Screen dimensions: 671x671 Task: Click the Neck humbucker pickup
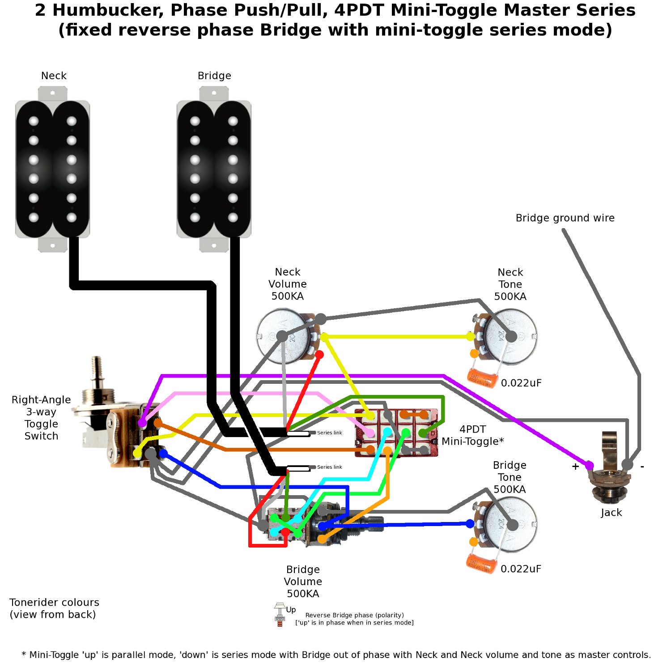(53, 169)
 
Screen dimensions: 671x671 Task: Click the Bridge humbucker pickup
(214, 169)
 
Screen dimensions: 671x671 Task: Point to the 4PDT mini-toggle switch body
(396, 433)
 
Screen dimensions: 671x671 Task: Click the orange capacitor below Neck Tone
(482, 378)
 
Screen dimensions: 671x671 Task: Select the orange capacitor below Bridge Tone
(481, 564)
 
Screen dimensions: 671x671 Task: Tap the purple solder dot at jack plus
(589, 466)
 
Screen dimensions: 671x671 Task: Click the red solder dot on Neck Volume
(319, 355)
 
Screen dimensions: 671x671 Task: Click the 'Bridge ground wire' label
(565, 218)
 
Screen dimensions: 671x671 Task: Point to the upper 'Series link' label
(330, 433)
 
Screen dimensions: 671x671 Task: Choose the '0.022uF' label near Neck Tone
(521, 383)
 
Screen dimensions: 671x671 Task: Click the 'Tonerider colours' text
(54, 603)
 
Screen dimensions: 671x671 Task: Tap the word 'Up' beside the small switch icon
(291, 610)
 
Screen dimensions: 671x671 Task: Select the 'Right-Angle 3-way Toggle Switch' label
(41, 418)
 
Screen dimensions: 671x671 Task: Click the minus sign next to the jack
(642, 466)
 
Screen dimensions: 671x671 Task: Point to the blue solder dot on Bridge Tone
(470, 524)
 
